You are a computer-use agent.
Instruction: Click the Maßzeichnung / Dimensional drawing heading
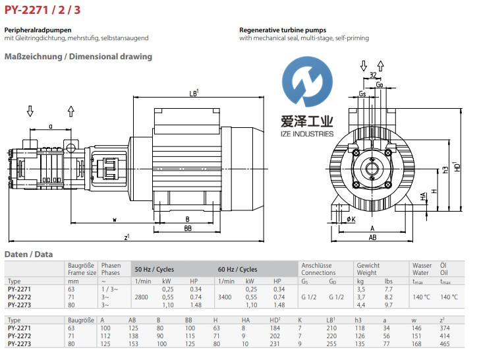pyautogui.click(x=78, y=57)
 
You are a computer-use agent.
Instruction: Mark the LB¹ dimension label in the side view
pyautogui.click(x=194, y=94)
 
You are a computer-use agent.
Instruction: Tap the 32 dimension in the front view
pyautogui.click(x=374, y=75)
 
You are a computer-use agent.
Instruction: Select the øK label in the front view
pyautogui.click(x=351, y=219)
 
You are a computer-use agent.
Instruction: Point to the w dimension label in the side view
pyautogui.click(x=115, y=219)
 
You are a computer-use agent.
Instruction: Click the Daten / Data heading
pyautogui.click(x=28, y=255)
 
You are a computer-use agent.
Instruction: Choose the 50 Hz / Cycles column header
pyautogui.click(x=155, y=270)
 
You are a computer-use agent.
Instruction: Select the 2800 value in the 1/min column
pyautogui.click(x=142, y=297)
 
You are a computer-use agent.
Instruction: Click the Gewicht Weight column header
pyautogui.click(x=368, y=269)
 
